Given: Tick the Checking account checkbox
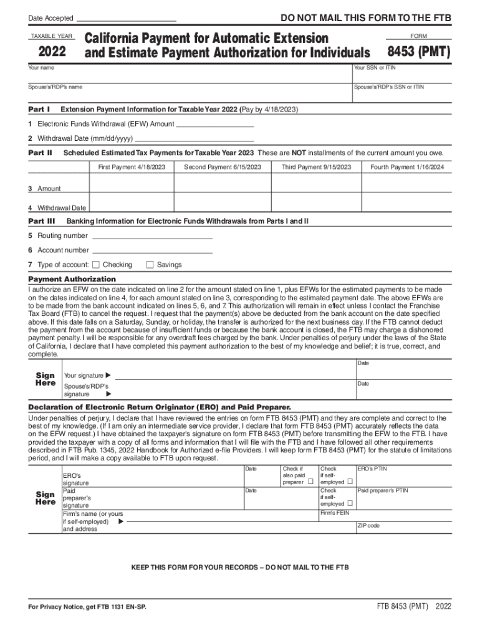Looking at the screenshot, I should [x=96, y=265].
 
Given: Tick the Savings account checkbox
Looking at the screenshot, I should [x=150, y=265].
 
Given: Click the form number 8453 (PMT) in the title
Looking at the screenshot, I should [x=418, y=52].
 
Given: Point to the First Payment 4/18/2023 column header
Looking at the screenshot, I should [x=132, y=167].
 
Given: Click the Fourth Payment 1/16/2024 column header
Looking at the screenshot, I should [x=407, y=167].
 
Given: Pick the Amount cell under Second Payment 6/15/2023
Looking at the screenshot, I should [x=223, y=183].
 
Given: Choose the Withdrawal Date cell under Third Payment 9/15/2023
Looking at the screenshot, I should [x=316, y=203].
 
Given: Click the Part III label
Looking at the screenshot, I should [x=42, y=221].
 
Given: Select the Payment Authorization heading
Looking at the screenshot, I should [x=72, y=279].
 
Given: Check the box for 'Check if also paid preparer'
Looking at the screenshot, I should [x=310, y=482].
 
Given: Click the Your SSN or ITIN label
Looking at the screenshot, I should [x=375, y=67].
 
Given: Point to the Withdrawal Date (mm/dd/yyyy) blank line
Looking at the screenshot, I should [x=194, y=139].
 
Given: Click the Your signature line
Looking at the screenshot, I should [x=231, y=376].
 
